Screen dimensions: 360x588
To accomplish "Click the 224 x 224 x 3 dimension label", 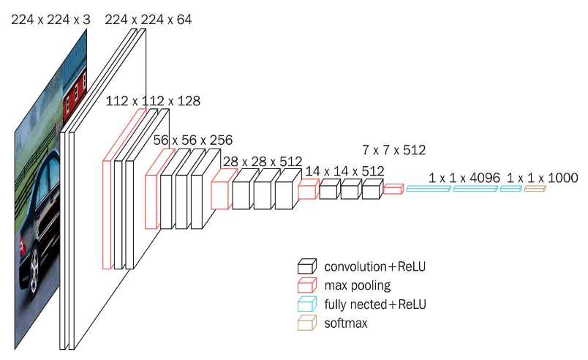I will pos(50,20).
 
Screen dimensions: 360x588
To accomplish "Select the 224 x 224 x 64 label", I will pos(148,20).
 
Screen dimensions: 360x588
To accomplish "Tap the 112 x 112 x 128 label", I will pos(153,100).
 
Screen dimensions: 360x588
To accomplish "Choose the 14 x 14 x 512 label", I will pos(344,170).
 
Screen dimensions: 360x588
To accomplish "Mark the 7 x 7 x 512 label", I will pos(393,150).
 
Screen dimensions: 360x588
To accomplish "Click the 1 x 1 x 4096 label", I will pos(464,178).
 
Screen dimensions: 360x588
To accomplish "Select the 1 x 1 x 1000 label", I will pos(542,178).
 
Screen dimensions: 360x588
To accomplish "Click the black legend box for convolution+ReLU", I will pos(306,266).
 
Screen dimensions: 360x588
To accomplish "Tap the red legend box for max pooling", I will pos(306,285).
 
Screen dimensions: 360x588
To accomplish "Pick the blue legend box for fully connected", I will pos(306,304).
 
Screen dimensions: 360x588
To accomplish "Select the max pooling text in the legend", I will pos(357,285).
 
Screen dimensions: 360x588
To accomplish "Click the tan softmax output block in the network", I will pos(535,189).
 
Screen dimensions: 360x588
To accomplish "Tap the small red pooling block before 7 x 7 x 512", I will pos(393,190).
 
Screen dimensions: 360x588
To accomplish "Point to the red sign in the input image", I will pos(75,91).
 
